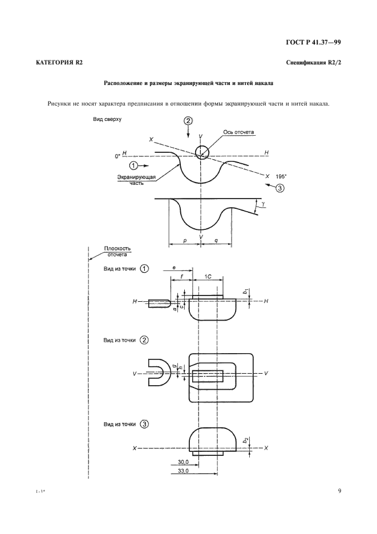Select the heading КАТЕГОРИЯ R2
click(56, 62)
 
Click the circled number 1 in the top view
click(133, 165)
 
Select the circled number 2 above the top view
click(189, 121)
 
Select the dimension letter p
click(185, 241)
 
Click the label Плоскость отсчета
click(117, 252)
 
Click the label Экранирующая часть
click(133, 180)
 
